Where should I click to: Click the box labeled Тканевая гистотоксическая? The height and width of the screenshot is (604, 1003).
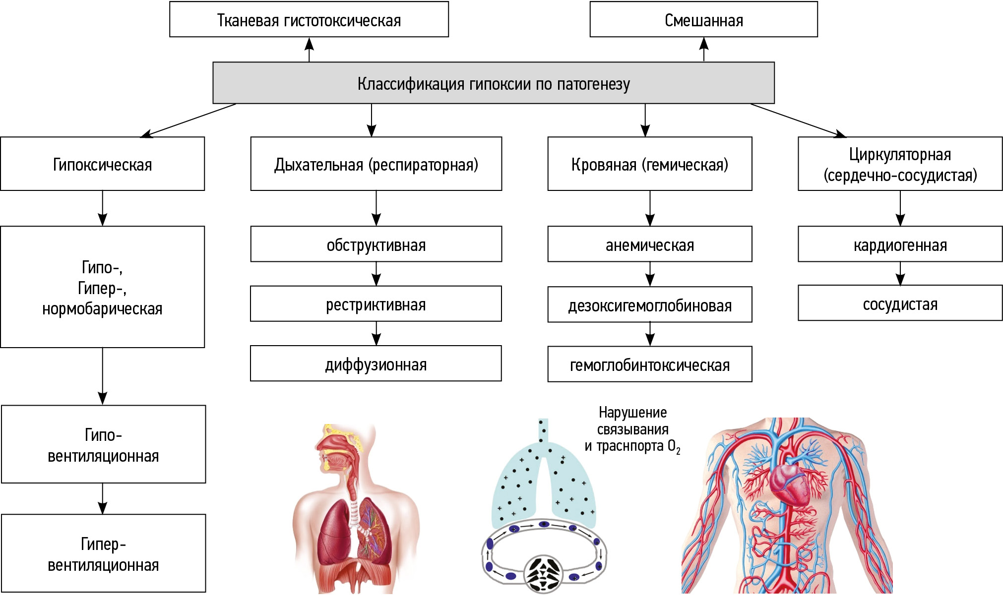click(x=309, y=20)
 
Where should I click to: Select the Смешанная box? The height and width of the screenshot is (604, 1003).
click(x=703, y=20)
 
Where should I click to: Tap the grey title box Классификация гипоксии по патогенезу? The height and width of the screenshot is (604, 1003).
click(x=493, y=83)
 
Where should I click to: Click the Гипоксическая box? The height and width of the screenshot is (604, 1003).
click(x=102, y=164)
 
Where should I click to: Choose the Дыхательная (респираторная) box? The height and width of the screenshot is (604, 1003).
click(x=376, y=164)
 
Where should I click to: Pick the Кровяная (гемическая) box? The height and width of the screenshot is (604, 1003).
click(x=649, y=164)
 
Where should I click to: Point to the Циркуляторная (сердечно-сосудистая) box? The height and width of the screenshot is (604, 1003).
click(x=900, y=164)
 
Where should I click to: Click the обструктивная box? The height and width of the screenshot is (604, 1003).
click(x=376, y=244)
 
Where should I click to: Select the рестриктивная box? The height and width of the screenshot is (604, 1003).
click(x=376, y=304)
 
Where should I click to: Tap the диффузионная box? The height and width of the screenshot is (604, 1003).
click(x=376, y=364)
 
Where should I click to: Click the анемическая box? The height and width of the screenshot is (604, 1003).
click(x=649, y=244)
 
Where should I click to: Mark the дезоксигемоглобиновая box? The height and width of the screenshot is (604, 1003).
click(x=649, y=305)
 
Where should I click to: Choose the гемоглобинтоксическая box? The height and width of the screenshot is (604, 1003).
click(x=649, y=364)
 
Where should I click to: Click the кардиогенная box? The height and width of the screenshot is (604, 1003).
click(x=900, y=244)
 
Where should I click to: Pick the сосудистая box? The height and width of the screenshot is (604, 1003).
click(x=900, y=303)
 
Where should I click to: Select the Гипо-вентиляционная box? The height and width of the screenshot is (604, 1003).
click(x=103, y=444)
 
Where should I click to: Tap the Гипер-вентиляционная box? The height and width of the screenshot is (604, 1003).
click(x=103, y=553)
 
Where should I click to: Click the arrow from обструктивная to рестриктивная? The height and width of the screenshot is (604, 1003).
click(x=376, y=274)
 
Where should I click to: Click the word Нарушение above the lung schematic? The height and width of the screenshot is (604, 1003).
click(x=632, y=412)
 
